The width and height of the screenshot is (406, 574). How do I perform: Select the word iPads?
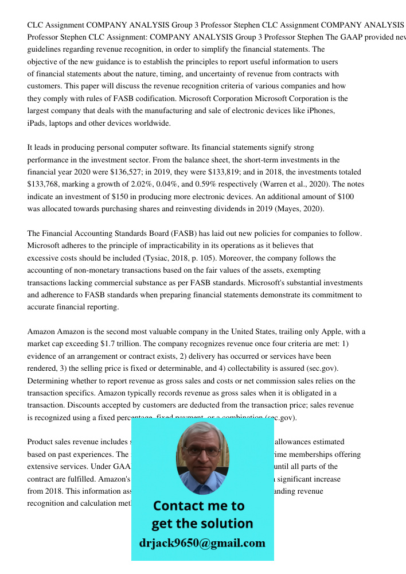pyautogui.click(x=37, y=123)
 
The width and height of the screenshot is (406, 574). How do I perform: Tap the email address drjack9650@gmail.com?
pyautogui.click(x=202, y=543)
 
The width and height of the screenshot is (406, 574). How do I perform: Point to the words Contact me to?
pyautogui.click(x=199, y=506)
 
